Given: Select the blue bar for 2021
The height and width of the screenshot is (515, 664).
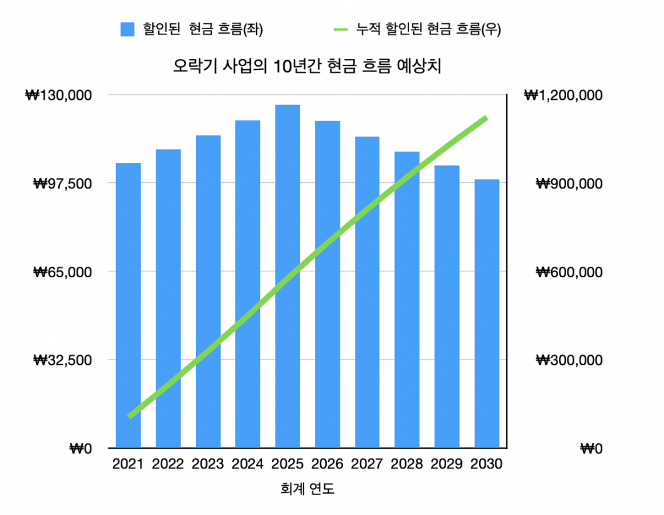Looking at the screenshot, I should tap(128, 304).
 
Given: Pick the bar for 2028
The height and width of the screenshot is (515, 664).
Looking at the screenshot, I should tap(407, 299).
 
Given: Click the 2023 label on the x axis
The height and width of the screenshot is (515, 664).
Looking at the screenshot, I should tap(207, 464).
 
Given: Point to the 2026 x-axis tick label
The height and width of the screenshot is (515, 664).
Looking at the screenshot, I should tap(327, 464).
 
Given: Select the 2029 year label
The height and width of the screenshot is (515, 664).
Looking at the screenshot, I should tap(446, 464).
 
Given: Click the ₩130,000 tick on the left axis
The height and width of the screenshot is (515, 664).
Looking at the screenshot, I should tap(58, 95).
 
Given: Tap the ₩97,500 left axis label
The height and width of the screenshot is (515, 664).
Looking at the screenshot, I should tap(62, 183).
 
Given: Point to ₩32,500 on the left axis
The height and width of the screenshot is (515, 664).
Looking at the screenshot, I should tap(62, 360).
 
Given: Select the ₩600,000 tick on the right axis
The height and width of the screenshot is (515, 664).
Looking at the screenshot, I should tap(569, 271).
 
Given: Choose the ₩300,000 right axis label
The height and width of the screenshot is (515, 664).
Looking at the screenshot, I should tap(569, 360).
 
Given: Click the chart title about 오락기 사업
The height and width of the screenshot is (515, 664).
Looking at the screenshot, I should tap(307, 66).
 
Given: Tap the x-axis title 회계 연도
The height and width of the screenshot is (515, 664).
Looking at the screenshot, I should tap(307, 489).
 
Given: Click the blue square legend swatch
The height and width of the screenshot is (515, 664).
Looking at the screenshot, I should tap(127, 29).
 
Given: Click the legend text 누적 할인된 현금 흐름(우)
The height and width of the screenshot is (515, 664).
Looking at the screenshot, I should tap(429, 29).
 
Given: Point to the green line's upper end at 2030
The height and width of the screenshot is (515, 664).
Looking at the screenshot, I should tap(486, 118).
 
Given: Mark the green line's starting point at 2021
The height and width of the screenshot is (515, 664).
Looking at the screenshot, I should tap(130, 416).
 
